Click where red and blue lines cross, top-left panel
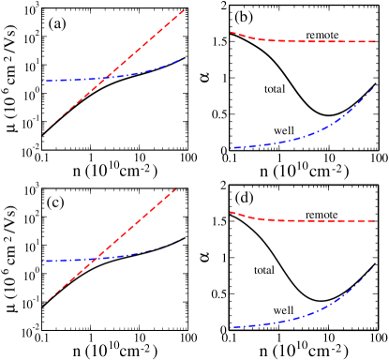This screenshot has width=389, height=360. point(109,77)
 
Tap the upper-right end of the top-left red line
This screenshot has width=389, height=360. point(186,9)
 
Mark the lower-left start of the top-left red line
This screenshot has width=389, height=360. point(40,133)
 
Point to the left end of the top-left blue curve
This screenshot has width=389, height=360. point(42,82)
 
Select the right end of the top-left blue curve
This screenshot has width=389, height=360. point(181,59)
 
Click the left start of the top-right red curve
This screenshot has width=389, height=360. point(231,32)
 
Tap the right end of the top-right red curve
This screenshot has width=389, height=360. point(375,41)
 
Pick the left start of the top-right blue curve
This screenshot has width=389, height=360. point(231,148)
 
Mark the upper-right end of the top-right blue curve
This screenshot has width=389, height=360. point(375,87)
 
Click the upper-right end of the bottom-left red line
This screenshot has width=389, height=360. point(178,187)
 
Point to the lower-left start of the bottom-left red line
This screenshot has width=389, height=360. point(40,307)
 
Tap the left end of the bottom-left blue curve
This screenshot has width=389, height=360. point(42,261)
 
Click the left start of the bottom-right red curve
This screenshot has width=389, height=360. point(231,212)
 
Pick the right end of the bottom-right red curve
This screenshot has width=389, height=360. point(375,220)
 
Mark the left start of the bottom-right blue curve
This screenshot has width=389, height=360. point(231,327)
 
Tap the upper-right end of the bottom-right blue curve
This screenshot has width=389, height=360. point(375,266)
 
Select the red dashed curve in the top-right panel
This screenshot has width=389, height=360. point(300,41)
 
